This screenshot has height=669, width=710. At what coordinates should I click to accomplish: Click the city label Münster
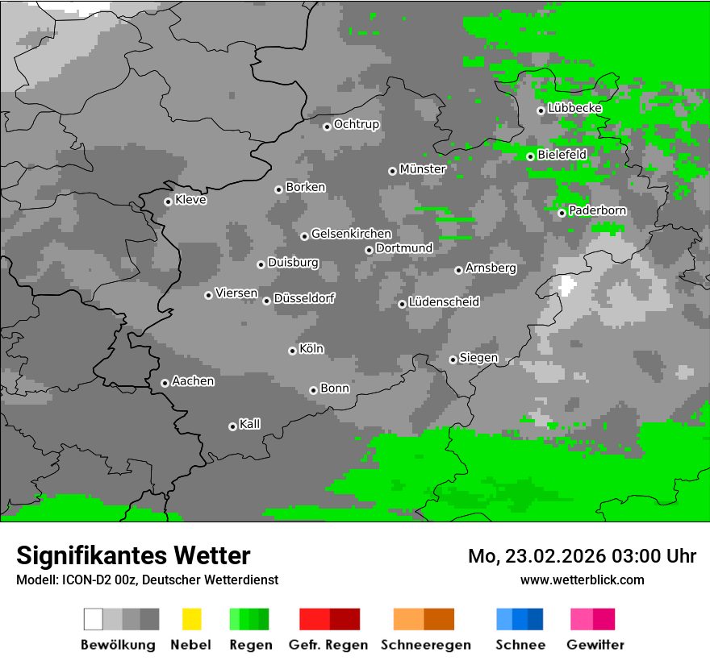(422, 169)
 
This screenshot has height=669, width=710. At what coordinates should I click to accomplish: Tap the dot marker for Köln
(292, 351)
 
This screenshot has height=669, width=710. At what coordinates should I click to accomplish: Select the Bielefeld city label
(562, 154)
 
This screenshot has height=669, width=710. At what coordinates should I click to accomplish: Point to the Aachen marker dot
(165, 383)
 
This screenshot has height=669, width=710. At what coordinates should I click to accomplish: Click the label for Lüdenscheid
(444, 302)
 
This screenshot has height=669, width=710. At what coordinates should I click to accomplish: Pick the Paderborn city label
(597, 210)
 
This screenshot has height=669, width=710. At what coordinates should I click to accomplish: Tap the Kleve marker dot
(168, 202)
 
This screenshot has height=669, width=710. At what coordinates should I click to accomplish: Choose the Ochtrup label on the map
(356, 124)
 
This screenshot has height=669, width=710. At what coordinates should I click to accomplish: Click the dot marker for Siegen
(453, 359)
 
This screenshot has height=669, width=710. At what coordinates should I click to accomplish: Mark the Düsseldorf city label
(303, 298)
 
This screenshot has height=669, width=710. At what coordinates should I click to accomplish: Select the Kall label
(249, 424)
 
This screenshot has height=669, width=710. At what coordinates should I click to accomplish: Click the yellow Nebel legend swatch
(191, 619)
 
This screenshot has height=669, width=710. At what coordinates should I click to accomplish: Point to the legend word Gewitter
(595, 645)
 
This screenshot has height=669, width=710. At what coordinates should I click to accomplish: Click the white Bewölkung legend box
(94, 619)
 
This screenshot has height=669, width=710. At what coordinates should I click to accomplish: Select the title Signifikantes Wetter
(133, 555)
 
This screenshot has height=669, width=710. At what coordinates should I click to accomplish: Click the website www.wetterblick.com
(582, 580)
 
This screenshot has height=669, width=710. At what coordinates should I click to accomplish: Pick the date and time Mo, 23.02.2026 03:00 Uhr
(582, 556)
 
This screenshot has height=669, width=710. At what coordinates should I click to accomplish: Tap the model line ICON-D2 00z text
(147, 580)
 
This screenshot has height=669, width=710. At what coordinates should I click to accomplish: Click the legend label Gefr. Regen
(328, 645)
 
